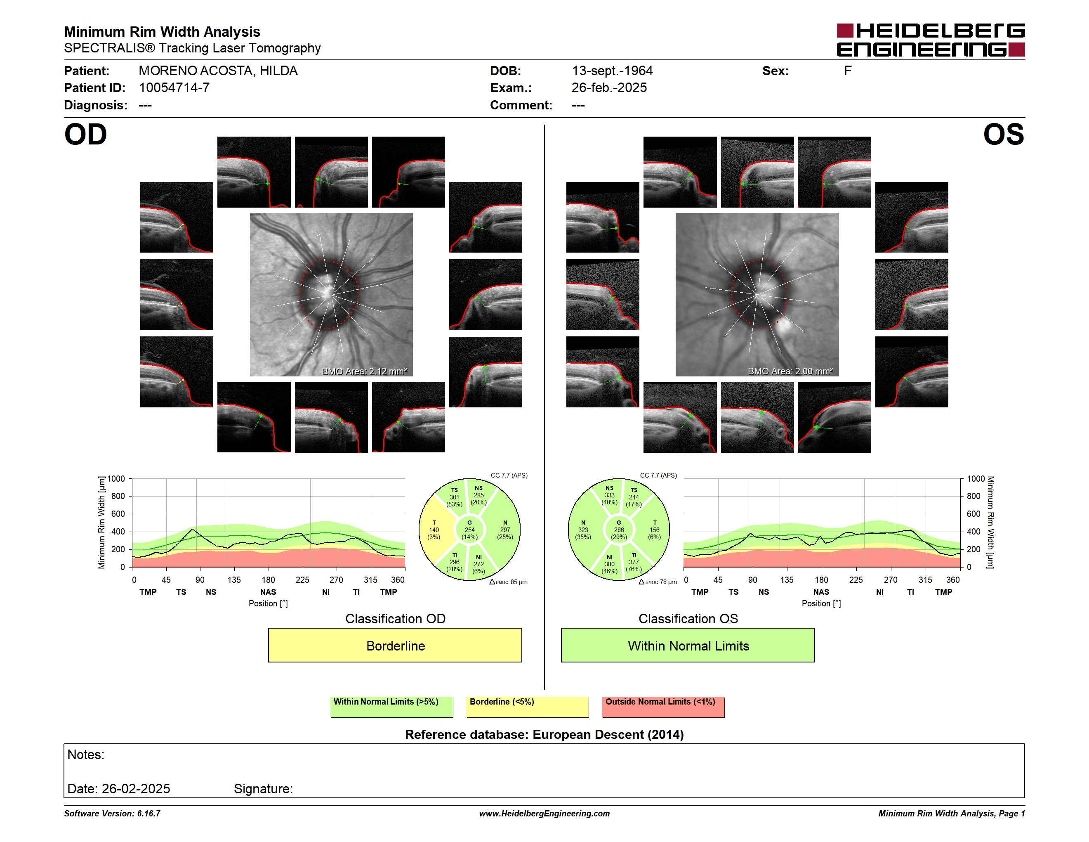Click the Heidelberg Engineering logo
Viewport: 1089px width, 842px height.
[931, 40]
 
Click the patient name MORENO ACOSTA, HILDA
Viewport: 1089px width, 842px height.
[218, 71]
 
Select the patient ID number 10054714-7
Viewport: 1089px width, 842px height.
[174, 88]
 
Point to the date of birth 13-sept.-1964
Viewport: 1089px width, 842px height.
[612, 71]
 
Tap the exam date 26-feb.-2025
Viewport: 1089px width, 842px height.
[609, 88]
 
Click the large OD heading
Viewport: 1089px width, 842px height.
[85, 134]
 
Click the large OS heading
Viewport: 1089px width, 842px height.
[1003, 134]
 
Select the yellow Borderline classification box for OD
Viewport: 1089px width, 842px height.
[395, 645]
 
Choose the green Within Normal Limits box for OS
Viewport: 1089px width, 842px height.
[688, 645]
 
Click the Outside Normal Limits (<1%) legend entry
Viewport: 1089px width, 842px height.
[663, 706]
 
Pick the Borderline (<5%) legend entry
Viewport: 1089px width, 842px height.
[527, 706]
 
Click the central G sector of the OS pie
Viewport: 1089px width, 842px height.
[619, 530]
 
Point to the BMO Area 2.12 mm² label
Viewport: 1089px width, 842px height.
[365, 371]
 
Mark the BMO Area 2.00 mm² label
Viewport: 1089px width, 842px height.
[790, 371]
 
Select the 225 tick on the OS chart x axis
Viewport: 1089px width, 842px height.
[856, 579]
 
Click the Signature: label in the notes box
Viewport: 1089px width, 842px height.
[263, 789]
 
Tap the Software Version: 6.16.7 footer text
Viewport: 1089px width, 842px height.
[112, 814]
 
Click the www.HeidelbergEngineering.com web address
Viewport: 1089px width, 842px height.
[544, 814]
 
